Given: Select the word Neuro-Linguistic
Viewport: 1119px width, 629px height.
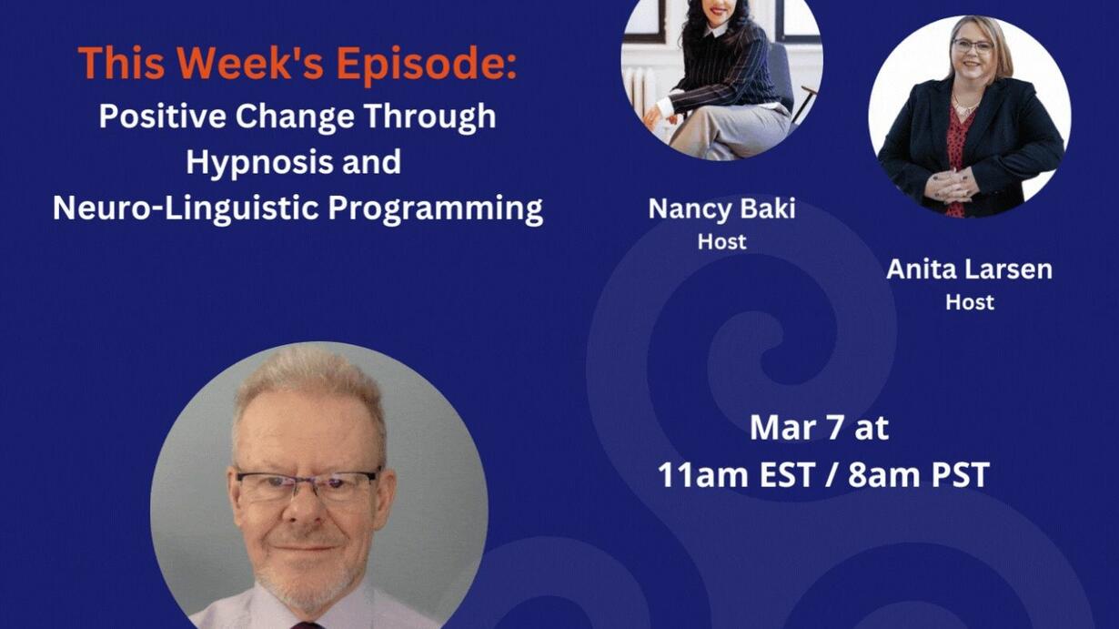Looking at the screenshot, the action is click(x=186, y=208).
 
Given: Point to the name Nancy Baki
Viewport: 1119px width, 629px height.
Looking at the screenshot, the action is click(x=721, y=208).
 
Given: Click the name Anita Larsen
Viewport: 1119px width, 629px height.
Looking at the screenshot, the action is click(x=970, y=269).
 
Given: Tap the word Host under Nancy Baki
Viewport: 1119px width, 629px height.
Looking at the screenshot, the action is click(x=721, y=242).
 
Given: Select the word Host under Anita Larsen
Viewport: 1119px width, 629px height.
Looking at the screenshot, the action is click(x=970, y=302).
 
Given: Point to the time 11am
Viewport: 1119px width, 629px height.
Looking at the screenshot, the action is click(x=703, y=474).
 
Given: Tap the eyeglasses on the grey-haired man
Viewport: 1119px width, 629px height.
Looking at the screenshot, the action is click(x=307, y=484).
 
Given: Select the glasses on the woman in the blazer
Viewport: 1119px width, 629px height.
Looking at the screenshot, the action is click(x=973, y=46).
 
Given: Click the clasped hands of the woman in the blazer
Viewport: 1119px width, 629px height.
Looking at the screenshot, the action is click(x=950, y=186).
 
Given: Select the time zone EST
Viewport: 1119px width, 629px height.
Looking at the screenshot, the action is click(x=787, y=474).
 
